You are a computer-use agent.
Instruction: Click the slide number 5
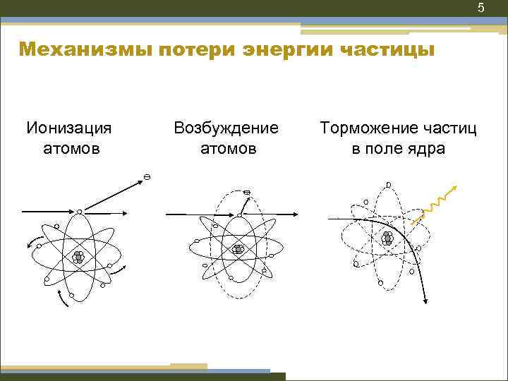(480, 8)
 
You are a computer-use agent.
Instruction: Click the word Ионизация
(69, 128)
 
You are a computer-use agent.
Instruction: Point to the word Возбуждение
(226, 128)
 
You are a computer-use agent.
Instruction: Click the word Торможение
(359, 128)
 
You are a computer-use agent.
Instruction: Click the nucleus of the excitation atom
(238, 248)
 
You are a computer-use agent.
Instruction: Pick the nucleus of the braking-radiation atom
(387, 238)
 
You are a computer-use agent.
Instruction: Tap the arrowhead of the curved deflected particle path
(426, 301)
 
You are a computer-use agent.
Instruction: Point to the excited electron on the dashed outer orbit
(247, 193)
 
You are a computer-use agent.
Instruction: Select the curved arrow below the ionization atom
(63, 299)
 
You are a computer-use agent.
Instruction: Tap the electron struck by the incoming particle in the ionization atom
(79, 211)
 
